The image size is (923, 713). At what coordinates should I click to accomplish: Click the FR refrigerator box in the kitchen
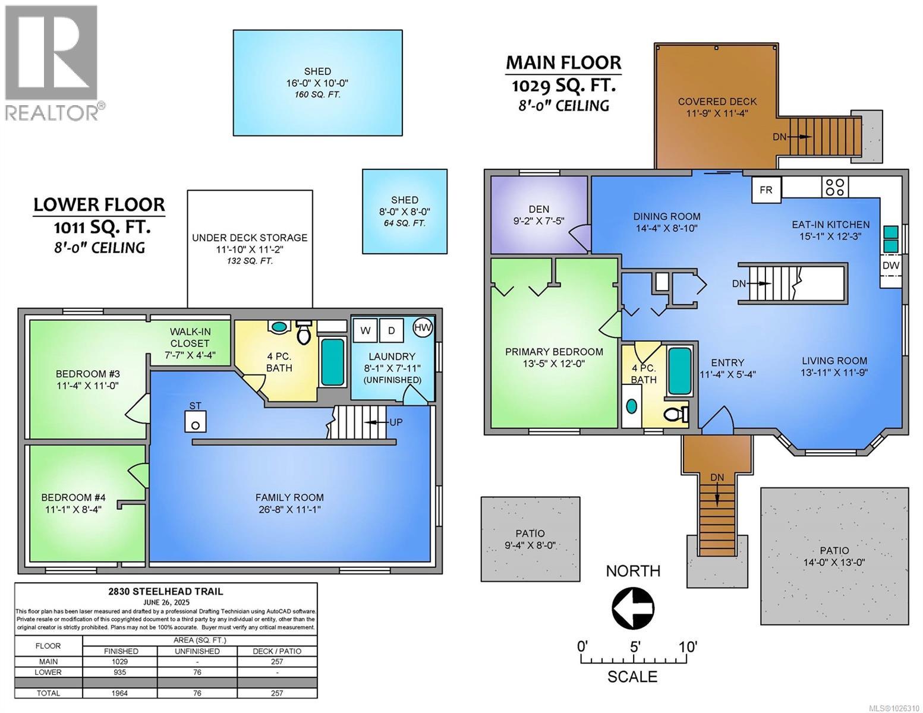click(x=766, y=190)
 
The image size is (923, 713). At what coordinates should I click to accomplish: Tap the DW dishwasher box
click(x=890, y=266)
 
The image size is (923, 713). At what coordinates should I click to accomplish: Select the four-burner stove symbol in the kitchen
click(x=835, y=187)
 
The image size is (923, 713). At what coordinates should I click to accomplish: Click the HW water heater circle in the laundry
click(x=423, y=327)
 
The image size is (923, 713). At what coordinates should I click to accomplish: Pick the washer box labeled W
click(x=366, y=330)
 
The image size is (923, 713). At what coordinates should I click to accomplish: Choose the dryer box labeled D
click(x=392, y=330)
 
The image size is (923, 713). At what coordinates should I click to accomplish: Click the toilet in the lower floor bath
click(x=304, y=333)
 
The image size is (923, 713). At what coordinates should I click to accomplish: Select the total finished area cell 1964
click(x=121, y=693)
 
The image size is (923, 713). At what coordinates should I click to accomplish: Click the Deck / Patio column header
click(x=277, y=651)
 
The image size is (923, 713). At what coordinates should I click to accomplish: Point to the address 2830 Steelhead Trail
click(x=166, y=591)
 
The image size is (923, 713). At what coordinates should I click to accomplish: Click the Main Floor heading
click(x=563, y=63)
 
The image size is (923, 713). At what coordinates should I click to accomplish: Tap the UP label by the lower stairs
click(x=395, y=422)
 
